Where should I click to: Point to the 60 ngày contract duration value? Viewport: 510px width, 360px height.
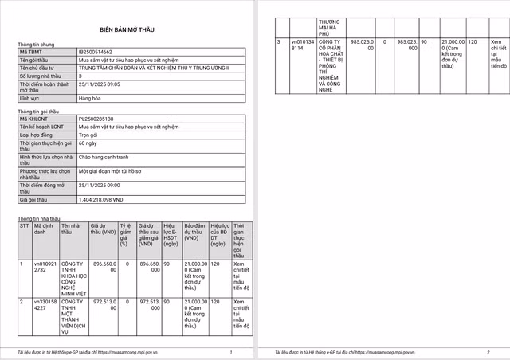click(x=88, y=143)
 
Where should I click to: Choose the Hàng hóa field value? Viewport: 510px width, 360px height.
click(x=90, y=98)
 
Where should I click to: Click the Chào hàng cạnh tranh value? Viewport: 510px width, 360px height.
click(x=104, y=157)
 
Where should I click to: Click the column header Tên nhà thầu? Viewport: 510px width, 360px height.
click(x=72, y=229)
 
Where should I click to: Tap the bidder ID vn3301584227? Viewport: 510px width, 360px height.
click(x=45, y=306)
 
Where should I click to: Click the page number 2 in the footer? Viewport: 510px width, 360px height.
click(x=488, y=351)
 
